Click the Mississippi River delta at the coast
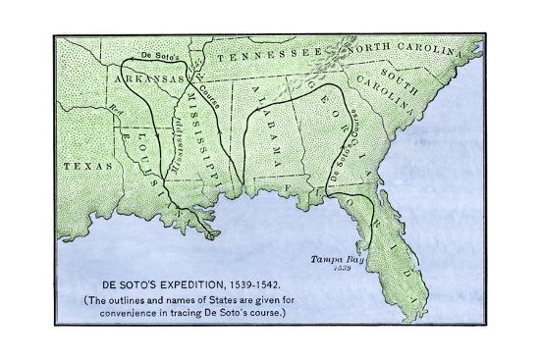[209, 229]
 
